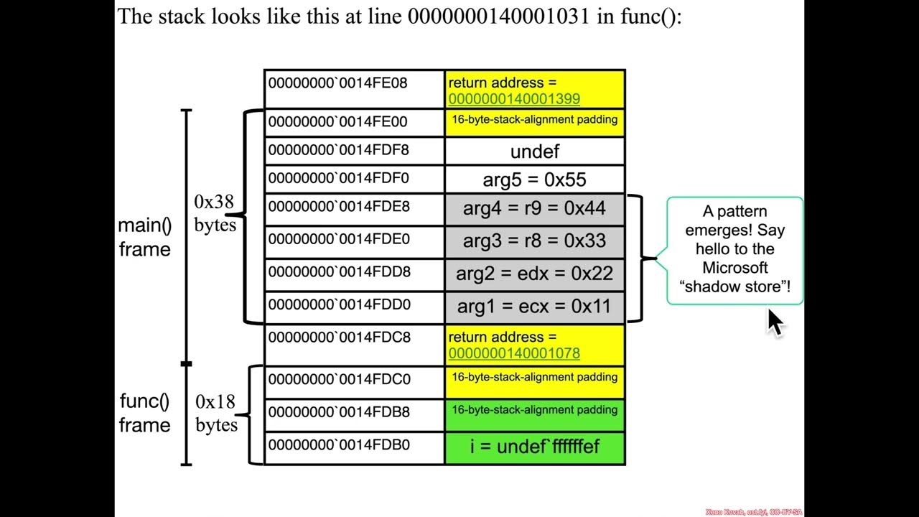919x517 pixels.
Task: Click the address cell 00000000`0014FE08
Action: [338, 83]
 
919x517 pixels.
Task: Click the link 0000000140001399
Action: [514, 99]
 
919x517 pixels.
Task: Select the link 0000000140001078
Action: [514, 353]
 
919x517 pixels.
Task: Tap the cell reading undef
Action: [535, 152]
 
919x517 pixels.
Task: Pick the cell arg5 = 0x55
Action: [535, 180]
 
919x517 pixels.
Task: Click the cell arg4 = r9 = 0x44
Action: [535, 209]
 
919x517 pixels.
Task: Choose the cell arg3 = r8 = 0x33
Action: [535, 241]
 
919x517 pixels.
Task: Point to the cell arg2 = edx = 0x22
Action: [535, 274]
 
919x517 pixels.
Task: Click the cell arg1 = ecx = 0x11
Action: [535, 307]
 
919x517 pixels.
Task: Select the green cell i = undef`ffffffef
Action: [535, 447]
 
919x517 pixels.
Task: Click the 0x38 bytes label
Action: [215, 213]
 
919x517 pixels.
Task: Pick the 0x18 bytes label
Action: [216, 413]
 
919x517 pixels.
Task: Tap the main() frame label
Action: [145, 237]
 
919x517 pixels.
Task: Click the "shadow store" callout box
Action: [734, 249]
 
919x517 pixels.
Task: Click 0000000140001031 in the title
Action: [500, 17]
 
